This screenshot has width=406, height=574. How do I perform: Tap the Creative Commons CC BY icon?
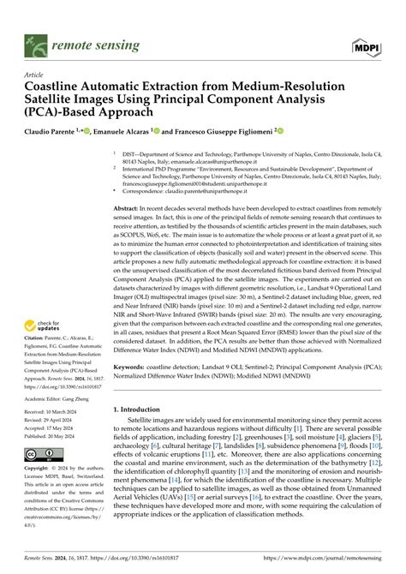click(x=41, y=451)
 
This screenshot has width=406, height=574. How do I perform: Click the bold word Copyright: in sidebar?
click(x=40, y=469)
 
